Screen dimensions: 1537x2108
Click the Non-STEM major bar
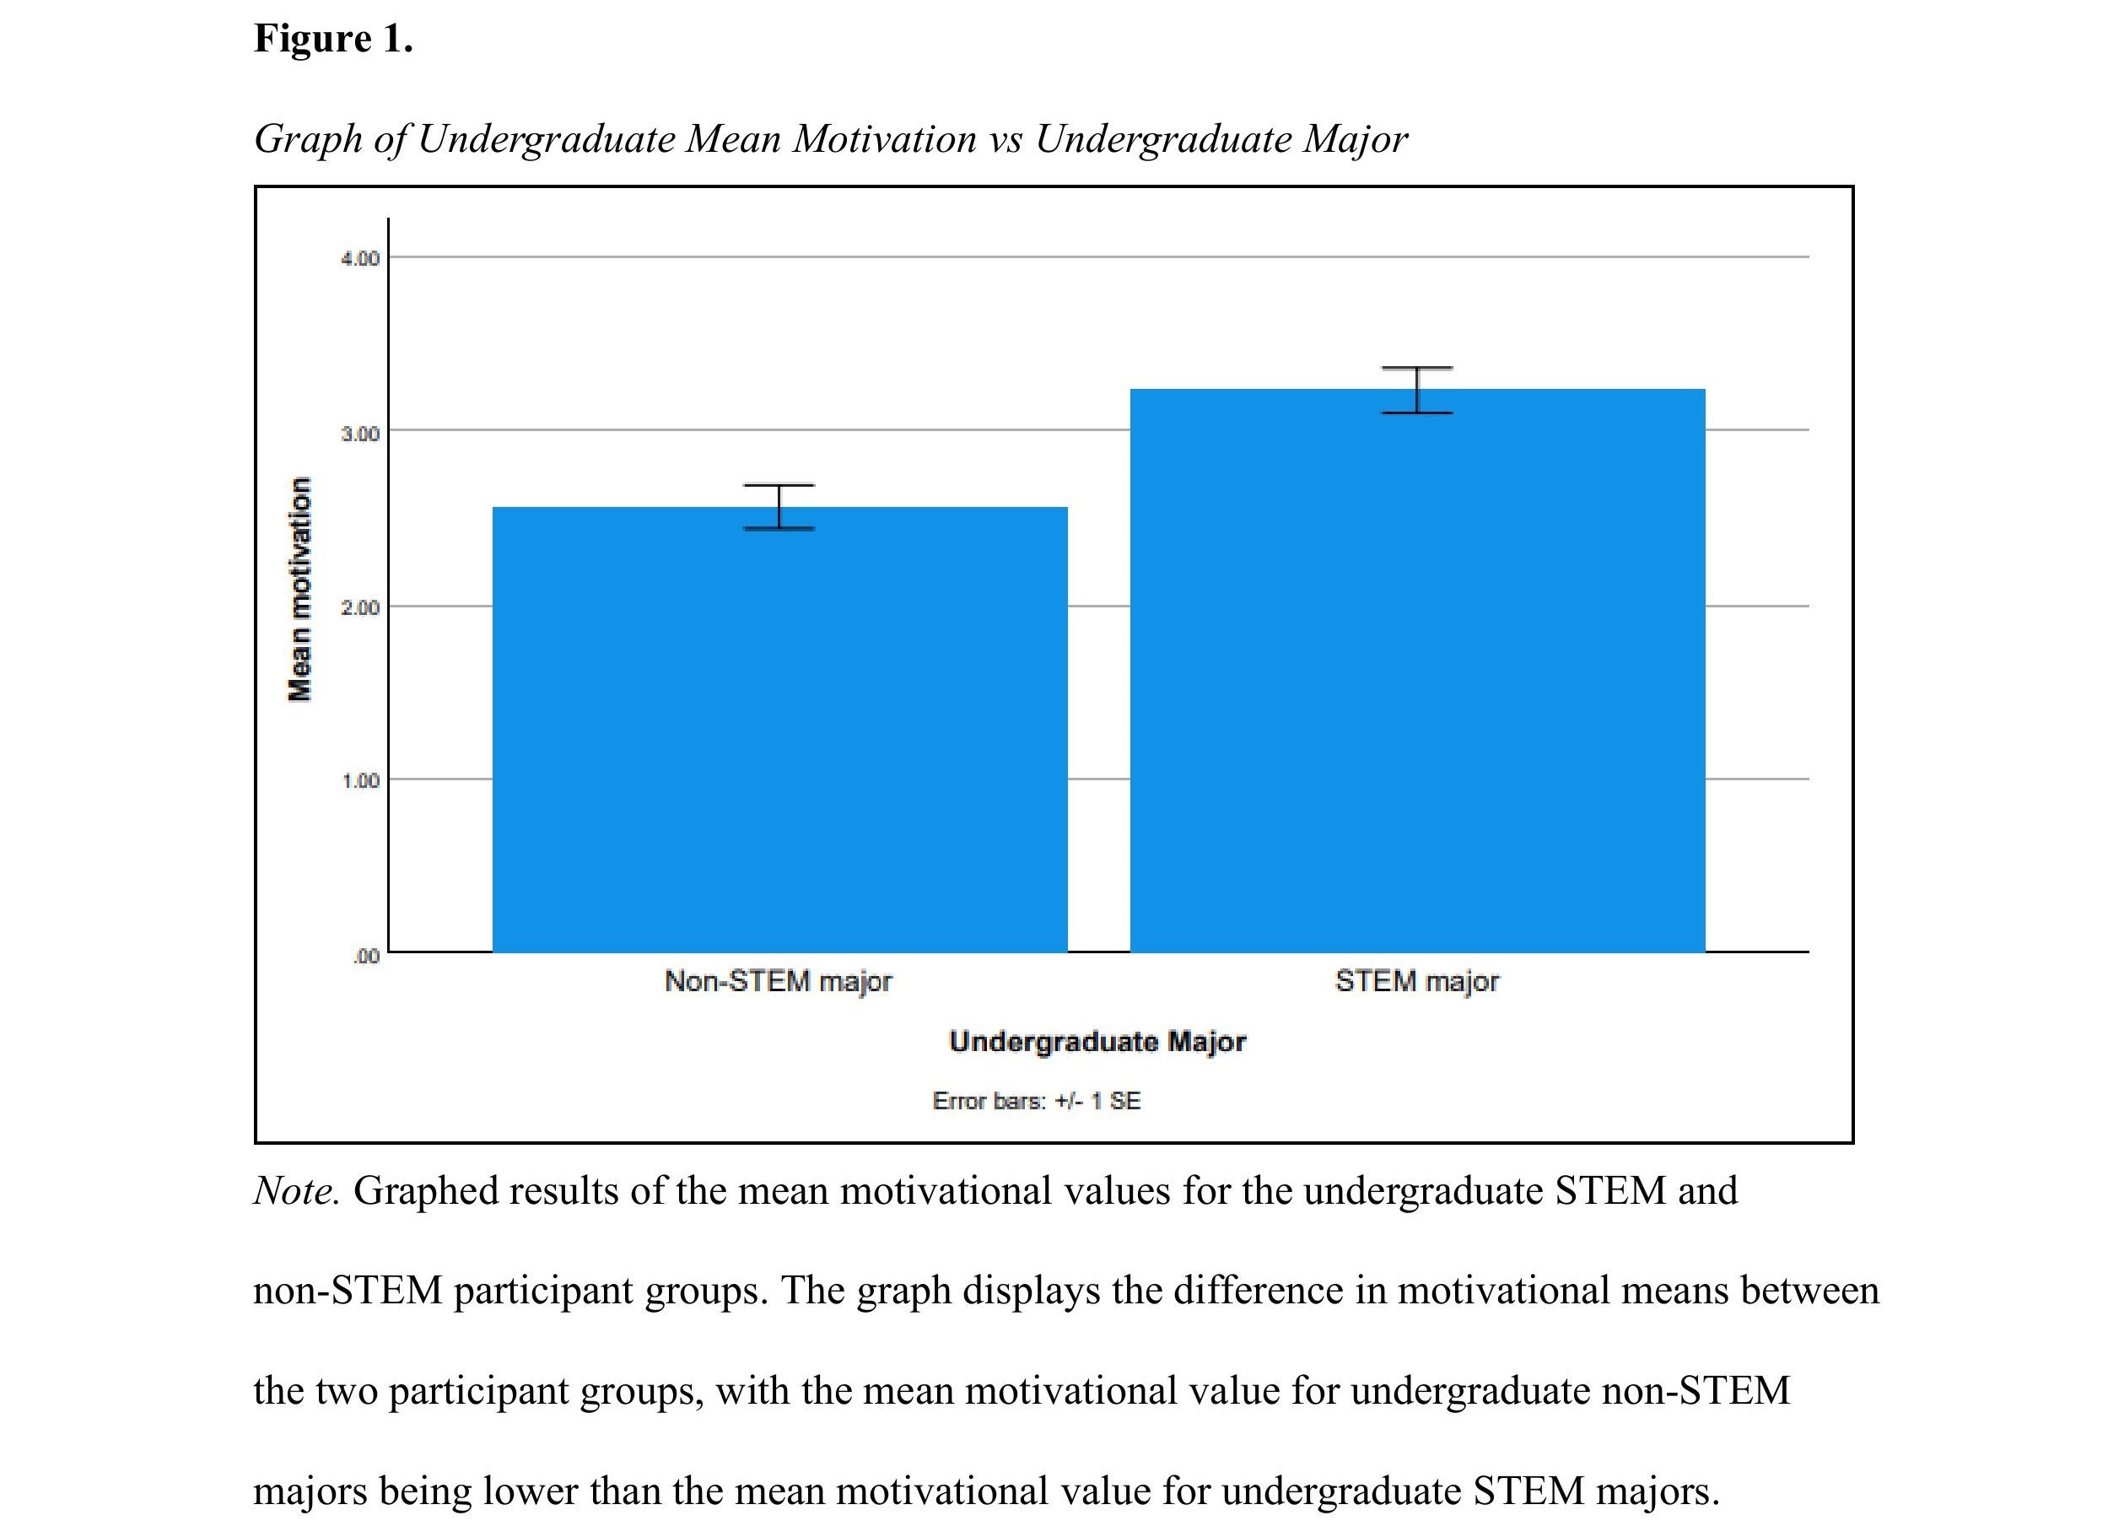779,735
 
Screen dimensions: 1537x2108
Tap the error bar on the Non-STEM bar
779,507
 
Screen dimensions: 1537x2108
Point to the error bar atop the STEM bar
1417,390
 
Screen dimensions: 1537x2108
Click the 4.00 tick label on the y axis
360,259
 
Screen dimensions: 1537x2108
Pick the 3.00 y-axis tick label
360,434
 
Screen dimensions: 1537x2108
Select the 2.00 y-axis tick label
360,607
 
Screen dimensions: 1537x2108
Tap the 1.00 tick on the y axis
360,780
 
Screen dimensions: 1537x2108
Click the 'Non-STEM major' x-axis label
778,982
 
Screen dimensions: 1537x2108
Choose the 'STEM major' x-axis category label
1417,982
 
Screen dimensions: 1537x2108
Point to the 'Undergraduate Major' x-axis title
1097,1041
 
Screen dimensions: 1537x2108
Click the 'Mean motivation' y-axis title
299,589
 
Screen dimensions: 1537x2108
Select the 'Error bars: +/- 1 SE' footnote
1037,1102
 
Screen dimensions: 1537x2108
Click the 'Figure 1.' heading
333,39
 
